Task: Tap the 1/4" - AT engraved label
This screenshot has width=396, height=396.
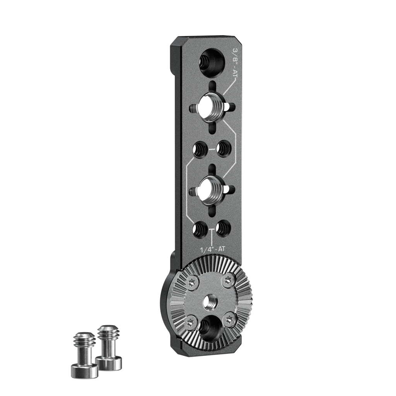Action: [x=212, y=249]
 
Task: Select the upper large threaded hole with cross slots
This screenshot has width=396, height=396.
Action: [x=213, y=108]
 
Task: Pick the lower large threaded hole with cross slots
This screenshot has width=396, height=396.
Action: [x=213, y=190]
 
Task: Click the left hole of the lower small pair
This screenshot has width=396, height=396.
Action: [x=200, y=229]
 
